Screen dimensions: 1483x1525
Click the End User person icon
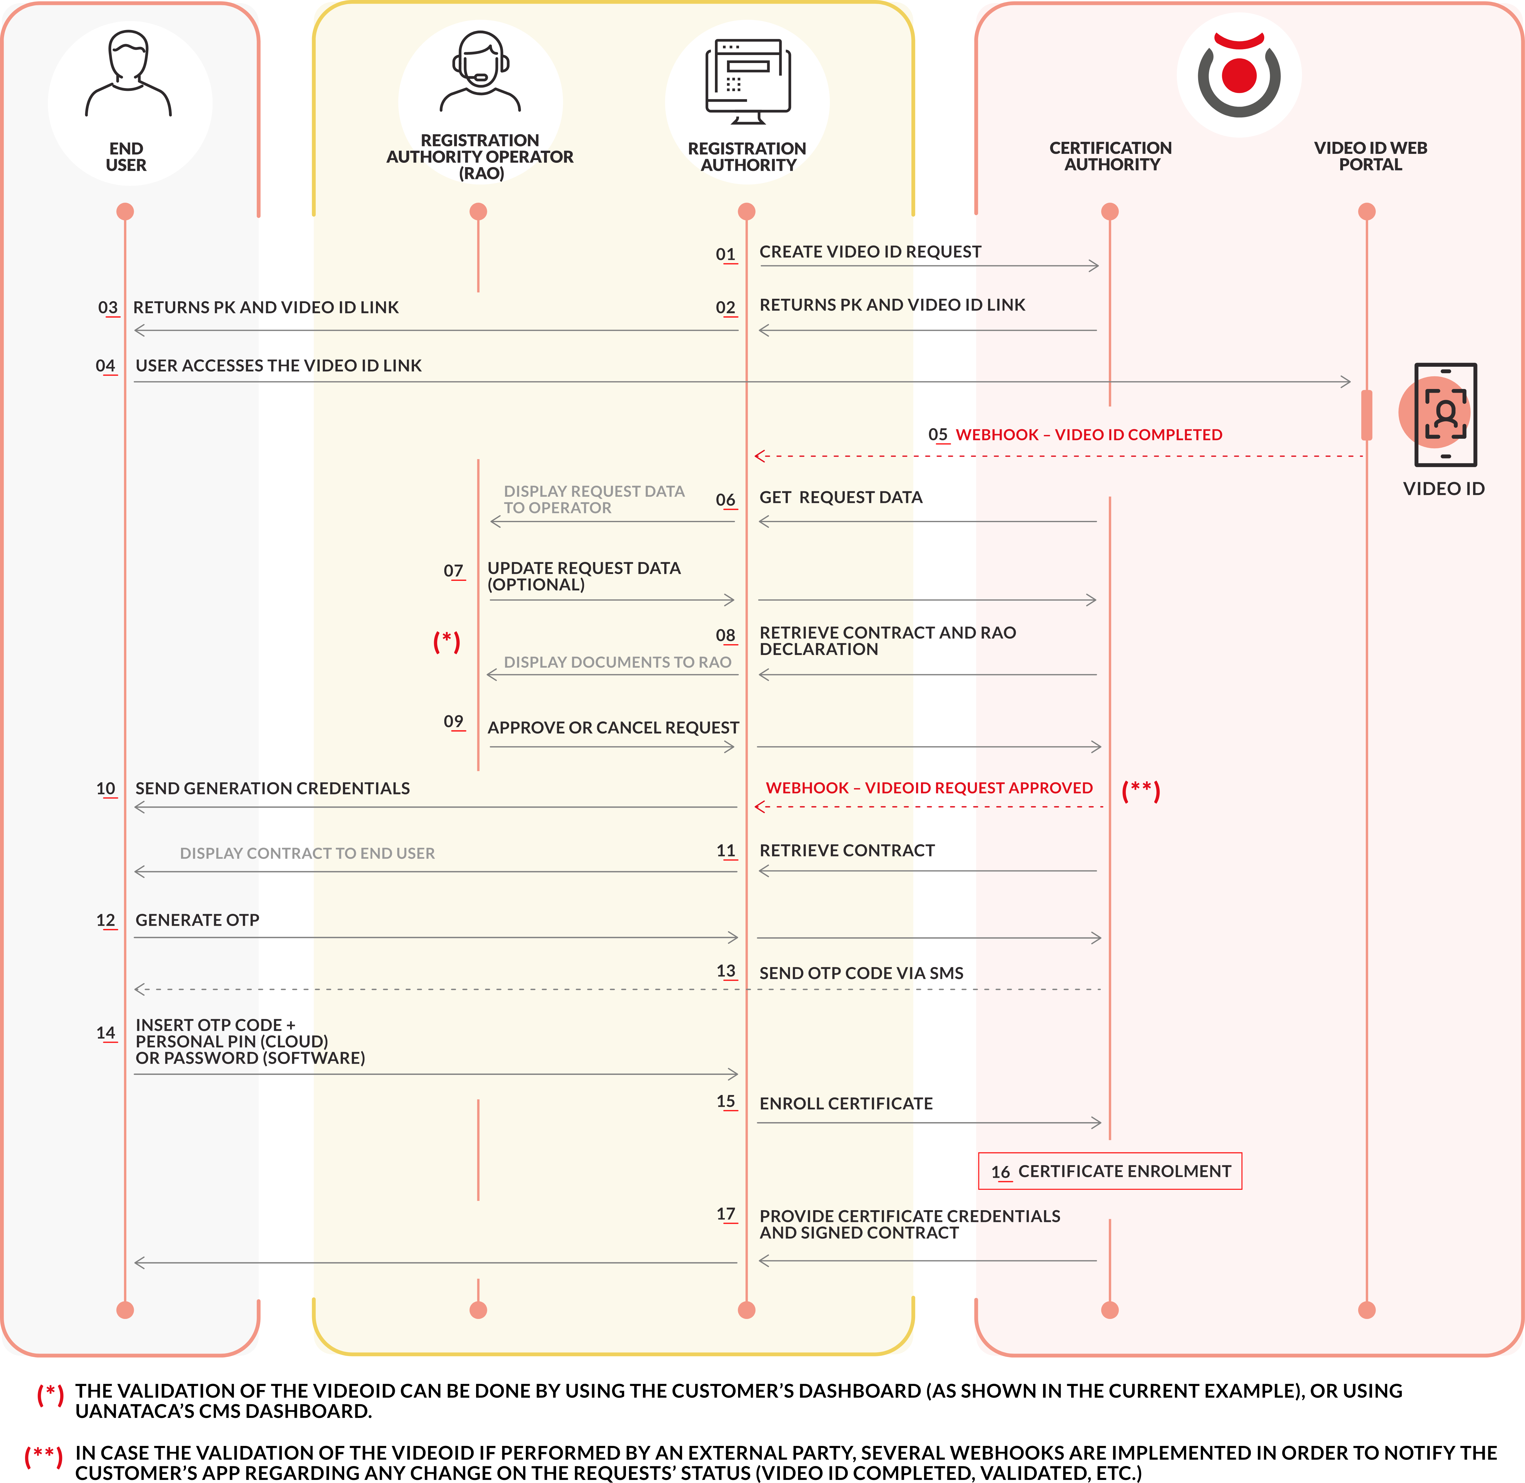click(x=129, y=74)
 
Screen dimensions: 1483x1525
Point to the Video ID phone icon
click(x=1445, y=414)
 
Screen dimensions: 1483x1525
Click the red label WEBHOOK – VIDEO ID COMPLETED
click(x=1088, y=435)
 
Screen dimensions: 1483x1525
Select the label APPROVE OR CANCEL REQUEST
click(x=613, y=728)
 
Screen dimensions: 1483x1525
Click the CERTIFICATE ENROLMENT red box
click(x=1110, y=1172)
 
